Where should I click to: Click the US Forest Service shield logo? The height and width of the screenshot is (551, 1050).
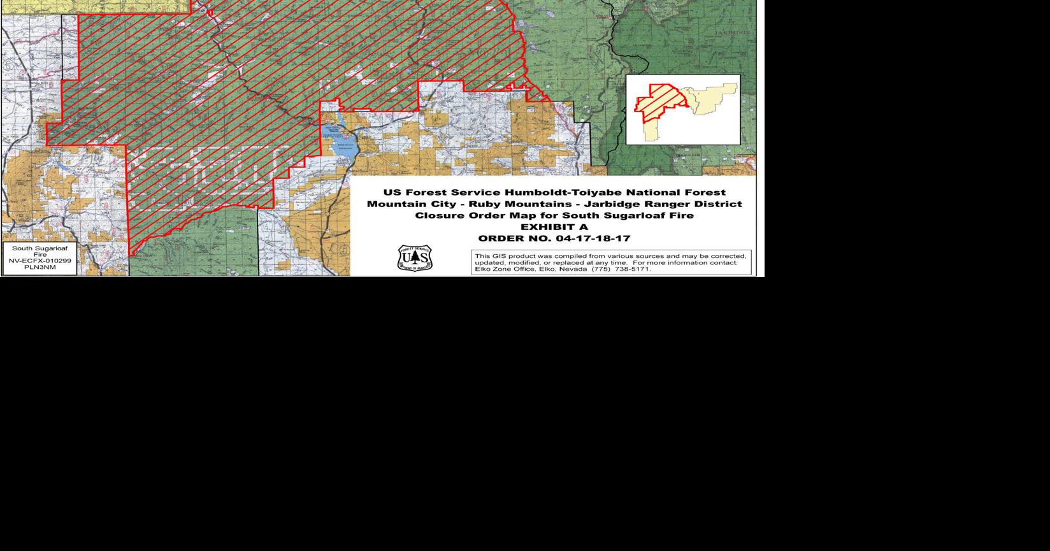click(415, 258)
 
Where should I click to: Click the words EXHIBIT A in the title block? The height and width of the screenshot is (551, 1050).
click(554, 227)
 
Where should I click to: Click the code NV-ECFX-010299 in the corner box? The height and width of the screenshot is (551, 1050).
click(40, 261)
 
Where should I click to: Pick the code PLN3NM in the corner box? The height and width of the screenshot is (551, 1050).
click(40, 268)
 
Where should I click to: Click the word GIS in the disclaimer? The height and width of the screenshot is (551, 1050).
click(499, 256)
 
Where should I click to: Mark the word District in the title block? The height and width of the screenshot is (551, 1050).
click(719, 204)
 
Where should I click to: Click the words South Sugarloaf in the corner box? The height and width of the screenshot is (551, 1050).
click(40, 248)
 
